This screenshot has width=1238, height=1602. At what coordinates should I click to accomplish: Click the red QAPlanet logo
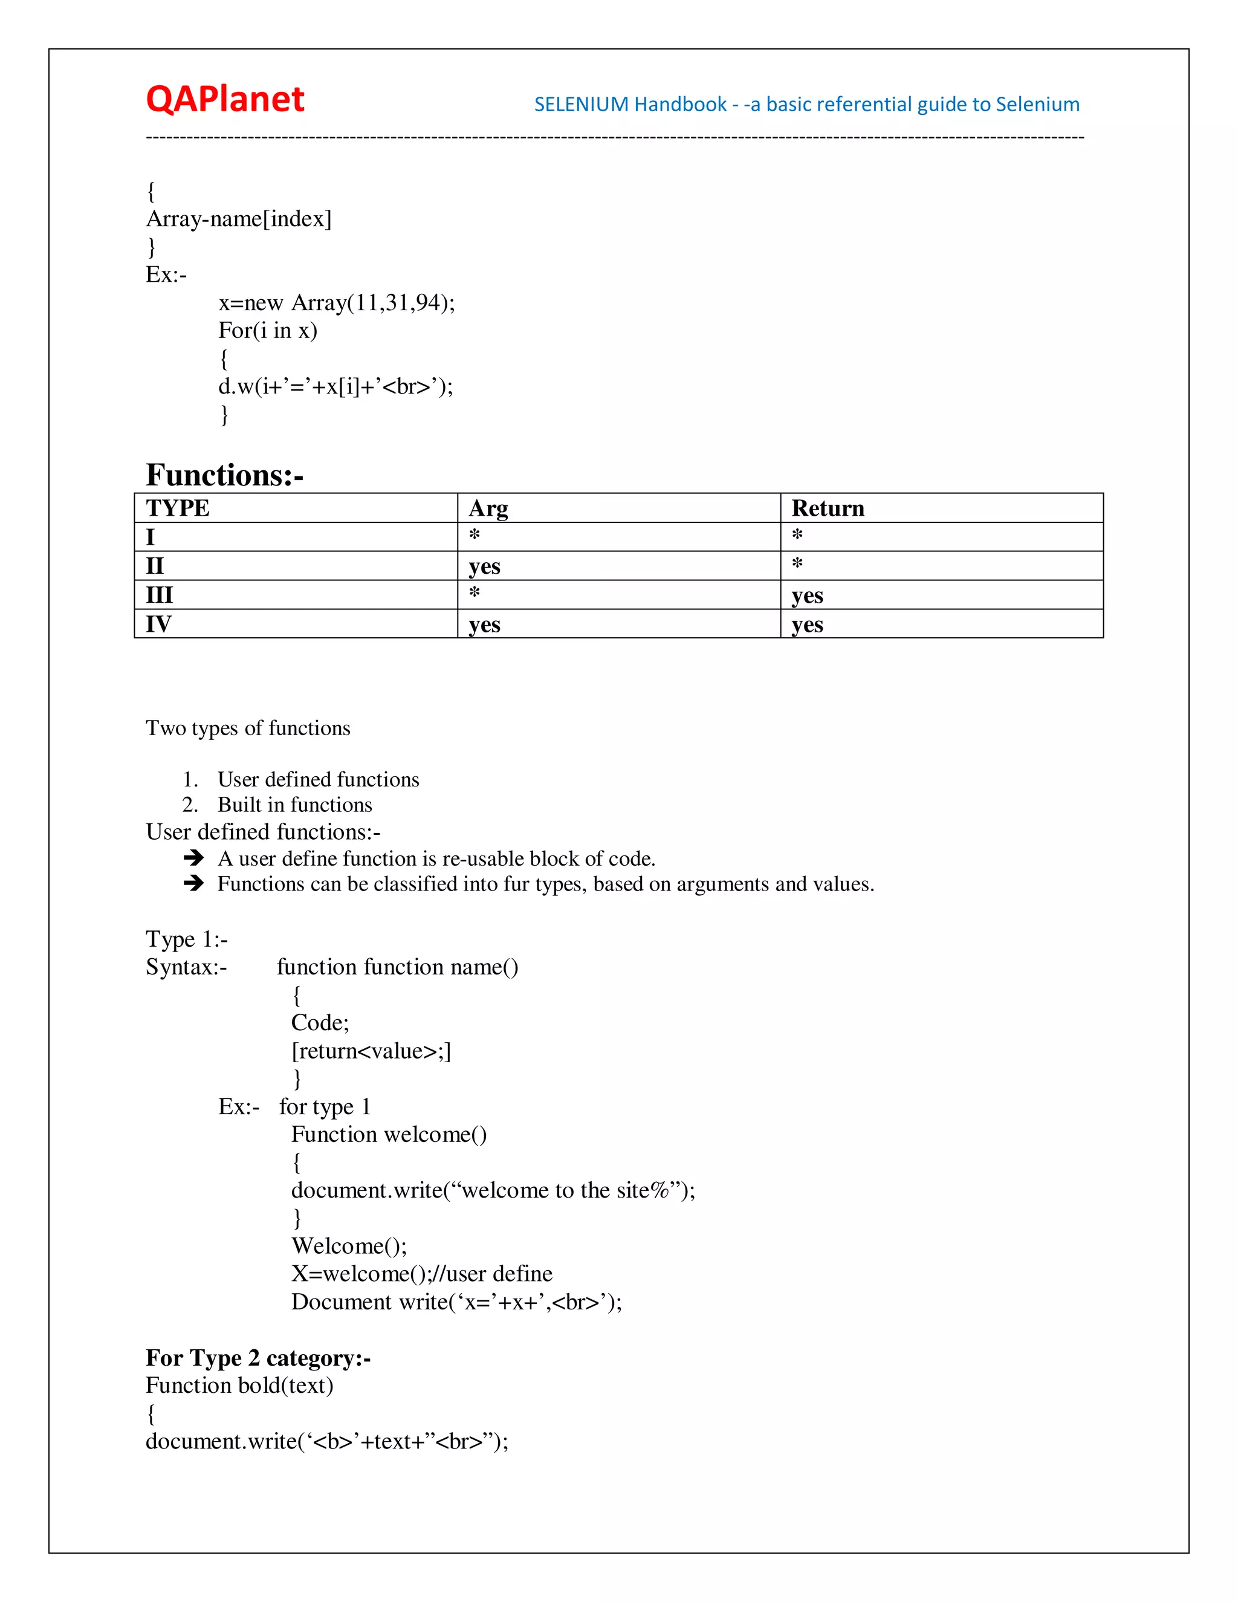tap(224, 99)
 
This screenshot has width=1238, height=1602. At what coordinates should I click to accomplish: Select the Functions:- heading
tap(224, 475)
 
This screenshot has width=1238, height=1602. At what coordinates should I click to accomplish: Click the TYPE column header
tap(178, 508)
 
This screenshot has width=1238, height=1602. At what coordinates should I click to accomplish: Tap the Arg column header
tap(488, 508)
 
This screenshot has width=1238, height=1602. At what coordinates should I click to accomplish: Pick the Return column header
tap(828, 508)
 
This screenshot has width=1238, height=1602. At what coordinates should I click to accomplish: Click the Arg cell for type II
tap(484, 566)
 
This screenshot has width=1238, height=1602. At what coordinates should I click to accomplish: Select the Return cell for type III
tap(807, 595)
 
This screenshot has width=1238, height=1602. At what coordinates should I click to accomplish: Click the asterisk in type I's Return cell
tap(797, 536)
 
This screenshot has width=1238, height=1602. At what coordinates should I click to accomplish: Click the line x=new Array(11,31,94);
tap(337, 302)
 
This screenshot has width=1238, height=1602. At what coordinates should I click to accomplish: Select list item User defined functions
tap(319, 779)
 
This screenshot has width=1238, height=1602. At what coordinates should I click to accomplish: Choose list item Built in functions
tap(295, 805)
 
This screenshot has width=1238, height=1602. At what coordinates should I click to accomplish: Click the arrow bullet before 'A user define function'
tap(193, 857)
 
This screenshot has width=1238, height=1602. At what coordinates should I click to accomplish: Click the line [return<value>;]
tap(371, 1051)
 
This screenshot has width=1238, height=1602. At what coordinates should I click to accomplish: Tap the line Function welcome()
tap(389, 1134)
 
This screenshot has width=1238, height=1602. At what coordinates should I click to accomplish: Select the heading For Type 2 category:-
tap(258, 1358)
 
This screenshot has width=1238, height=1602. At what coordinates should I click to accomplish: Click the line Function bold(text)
tap(239, 1385)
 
